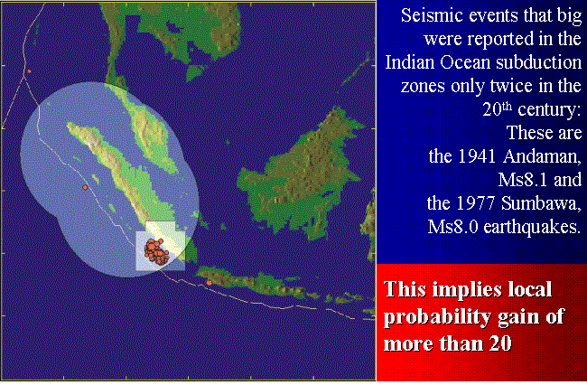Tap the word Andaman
543,156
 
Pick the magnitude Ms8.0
453,227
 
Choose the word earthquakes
532,228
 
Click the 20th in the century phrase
498,108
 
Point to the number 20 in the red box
499,343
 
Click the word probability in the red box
436,317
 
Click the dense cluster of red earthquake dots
157,251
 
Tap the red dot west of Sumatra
85,187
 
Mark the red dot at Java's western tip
209,283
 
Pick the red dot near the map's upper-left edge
29,71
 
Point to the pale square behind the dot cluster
160,246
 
